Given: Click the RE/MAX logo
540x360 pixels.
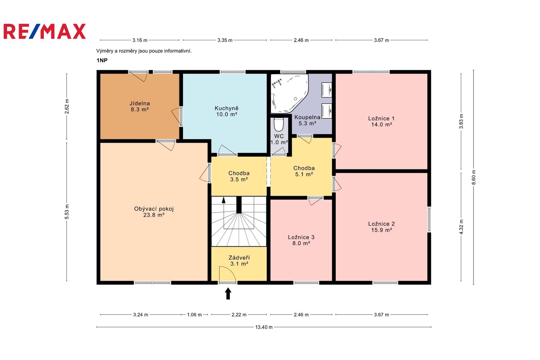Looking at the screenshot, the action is (45, 31).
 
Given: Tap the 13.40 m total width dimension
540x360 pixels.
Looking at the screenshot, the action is (264, 327).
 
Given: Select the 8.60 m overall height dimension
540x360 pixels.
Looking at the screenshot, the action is (474, 177).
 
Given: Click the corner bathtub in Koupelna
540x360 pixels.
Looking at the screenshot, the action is (289, 93).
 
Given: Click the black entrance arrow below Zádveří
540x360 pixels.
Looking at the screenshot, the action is (228, 294).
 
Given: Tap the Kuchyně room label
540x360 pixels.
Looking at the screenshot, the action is (226, 108).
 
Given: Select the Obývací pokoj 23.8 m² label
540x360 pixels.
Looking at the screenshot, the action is (154, 212).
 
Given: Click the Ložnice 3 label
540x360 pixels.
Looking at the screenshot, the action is (301, 237).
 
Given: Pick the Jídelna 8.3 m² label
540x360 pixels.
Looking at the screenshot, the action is (140, 106).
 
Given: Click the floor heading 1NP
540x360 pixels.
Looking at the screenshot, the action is (102, 60).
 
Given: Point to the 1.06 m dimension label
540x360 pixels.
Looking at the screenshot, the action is (194, 314).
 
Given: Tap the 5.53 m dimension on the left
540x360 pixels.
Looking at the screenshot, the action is (67, 212).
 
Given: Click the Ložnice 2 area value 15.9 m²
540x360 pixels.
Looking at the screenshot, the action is (381, 230).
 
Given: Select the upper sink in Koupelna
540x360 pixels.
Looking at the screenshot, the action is (327, 90).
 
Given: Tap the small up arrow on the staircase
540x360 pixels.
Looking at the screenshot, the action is (223, 200).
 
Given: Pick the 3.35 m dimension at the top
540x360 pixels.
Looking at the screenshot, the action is (225, 40).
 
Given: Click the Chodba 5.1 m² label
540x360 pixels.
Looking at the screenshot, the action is (304, 171).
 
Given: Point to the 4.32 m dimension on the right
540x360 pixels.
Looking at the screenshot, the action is (461, 227).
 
